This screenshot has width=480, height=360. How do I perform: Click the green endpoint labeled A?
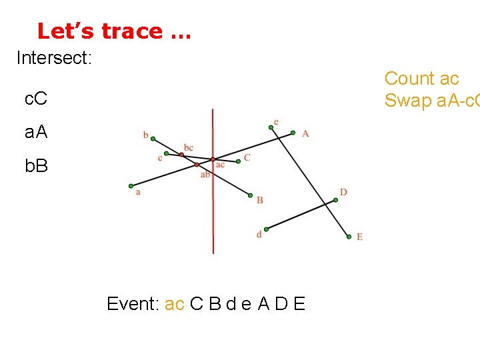click(x=293, y=133)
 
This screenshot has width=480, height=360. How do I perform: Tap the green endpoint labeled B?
click(x=251, y=196)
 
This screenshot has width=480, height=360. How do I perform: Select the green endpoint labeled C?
click(x=238, y=161)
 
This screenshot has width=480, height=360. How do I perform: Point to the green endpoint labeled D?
click(x=335, y=199)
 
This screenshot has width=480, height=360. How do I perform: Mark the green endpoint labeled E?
click(x=348, y=236)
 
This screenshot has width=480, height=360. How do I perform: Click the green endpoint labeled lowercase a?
click(x=131, y=186)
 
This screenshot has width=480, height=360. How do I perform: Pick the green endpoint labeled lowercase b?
click(x=153, y=139)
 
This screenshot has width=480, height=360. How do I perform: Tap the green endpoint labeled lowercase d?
click(x=266, y=228)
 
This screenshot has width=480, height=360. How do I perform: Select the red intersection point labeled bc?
click(x=181, y=155)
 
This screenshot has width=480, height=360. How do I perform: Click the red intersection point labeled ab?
click(x=197, y=164)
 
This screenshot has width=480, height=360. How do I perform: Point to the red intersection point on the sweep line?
click(x=213, y=159)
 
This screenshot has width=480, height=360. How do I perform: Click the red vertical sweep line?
click(x=213, y=213)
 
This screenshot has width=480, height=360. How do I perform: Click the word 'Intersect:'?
click(x=54, y=58)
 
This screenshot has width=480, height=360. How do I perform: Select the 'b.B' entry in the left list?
click(x=36, y=165)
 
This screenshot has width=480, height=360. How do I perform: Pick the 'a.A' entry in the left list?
click(x=36, y=132)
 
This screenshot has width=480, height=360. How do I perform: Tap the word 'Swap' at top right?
click(x=407, y=100)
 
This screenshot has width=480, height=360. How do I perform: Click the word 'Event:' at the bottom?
click(x=133, y=304)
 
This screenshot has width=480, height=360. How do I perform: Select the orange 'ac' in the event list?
click(x=175, y=305)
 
